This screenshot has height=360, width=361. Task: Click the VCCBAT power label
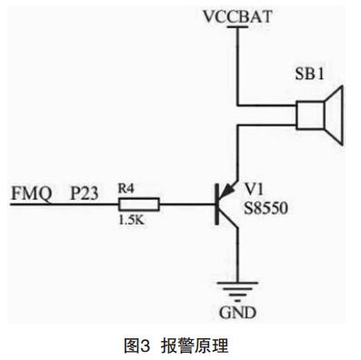tap(239, 15)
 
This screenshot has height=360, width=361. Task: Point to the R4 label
tap(128, 188)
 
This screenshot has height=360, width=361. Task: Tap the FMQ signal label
tap(28, 194)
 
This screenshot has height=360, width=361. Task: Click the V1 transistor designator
tap(255, 187)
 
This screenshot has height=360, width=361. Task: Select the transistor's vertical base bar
tap(217, 204)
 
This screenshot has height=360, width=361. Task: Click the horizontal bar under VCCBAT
tap(238, 27)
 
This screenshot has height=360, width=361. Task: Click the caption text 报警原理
tap(194, 345)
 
